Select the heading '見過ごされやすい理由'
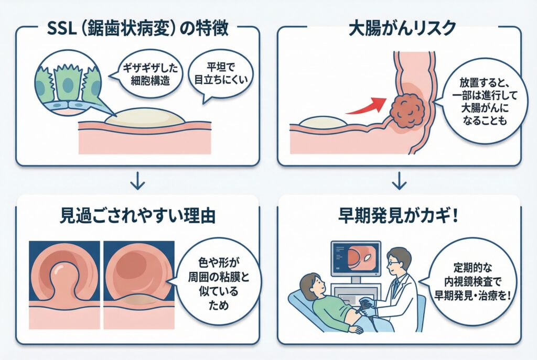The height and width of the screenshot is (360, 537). (x=137, y=215)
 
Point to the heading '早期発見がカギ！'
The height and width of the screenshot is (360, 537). (x=399, y=215)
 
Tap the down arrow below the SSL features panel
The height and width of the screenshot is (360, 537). (x=137, y=181)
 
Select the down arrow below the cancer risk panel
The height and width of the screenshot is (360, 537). (x=399, y=181)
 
